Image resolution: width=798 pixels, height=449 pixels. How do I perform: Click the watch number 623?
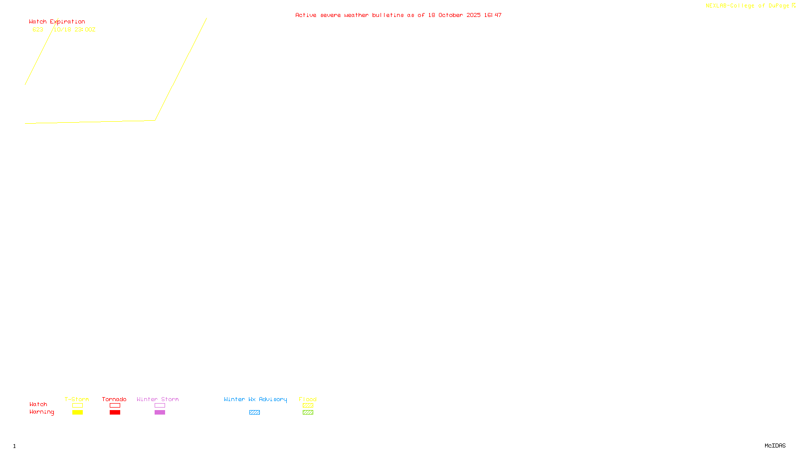(x=38, y=29)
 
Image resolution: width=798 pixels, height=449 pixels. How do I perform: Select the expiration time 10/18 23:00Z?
(x=74, y=29)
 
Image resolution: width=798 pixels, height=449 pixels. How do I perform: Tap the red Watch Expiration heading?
(x=57, y=21)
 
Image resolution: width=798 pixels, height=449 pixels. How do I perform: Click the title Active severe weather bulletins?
(x=398, y=15)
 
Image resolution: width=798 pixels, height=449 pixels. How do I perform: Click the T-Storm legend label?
(x=77, y=399)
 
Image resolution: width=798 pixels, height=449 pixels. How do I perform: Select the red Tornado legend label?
(x=114, y=399)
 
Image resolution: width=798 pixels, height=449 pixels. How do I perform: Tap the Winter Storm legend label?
(x=158, y=399)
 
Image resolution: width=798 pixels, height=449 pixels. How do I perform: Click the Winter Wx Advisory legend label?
(x=255, y=399)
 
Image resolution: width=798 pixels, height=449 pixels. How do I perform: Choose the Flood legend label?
(x=308, y=399)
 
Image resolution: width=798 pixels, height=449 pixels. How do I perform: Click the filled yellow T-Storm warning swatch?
(x=77, y=413)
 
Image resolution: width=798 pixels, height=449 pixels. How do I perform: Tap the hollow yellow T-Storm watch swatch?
(x=77, y=406)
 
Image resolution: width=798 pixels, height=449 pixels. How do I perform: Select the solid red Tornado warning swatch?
(x=115, y=413)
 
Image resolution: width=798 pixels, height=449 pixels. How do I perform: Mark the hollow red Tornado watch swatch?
(x=115, y=406)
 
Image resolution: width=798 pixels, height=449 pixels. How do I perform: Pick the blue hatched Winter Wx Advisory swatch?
(x=254, y=413)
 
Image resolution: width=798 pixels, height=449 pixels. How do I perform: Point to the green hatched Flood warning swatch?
(x=308, y=413)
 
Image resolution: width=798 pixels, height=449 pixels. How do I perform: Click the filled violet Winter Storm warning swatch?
(x=160, y=413)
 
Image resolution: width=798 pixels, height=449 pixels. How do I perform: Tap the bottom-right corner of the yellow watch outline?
(x=155, y=120)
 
